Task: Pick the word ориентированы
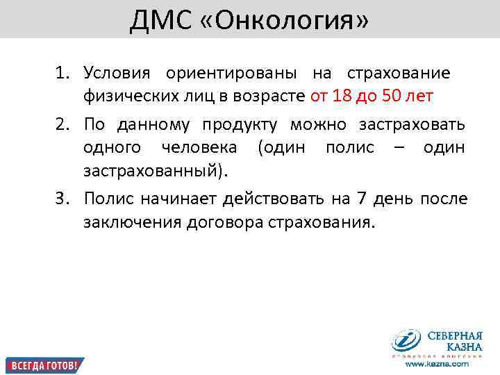click(x=232, y=73)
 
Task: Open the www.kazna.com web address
click(x=437, y=364)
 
